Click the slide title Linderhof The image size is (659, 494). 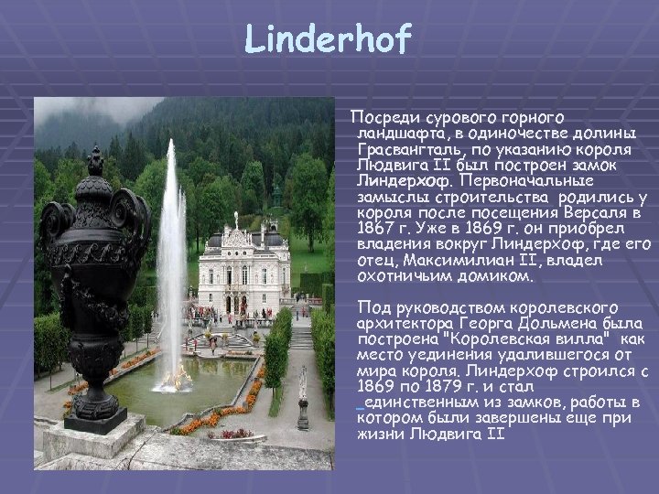(x=329, y=39)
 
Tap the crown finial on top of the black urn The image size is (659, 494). (x=94, y=161)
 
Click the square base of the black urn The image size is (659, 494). (x=95, y=420)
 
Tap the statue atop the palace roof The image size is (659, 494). (x=235, y=219)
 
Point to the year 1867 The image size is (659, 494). (x=378, y=228)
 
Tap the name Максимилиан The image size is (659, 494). (x=450, y=260)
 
